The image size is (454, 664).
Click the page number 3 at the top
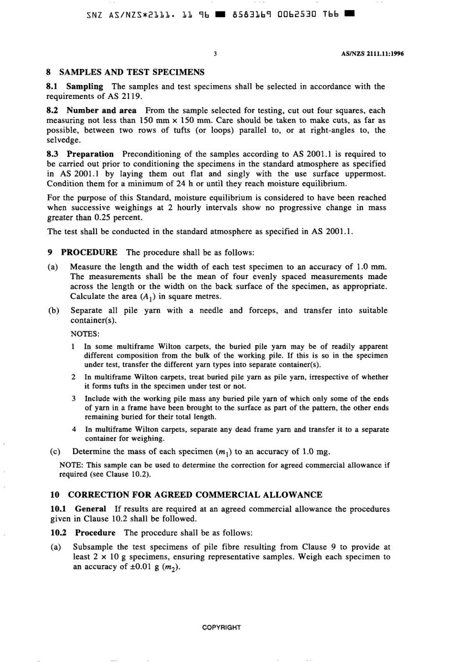pos(216,54)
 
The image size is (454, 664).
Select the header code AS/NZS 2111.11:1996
pos(372,54)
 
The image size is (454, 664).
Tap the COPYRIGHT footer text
pos(222,627)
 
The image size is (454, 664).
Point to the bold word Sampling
pos(85,87)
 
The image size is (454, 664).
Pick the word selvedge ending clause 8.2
pos(64,140)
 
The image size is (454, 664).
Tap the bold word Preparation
pos(90,154)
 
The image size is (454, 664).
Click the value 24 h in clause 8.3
pos(165,184)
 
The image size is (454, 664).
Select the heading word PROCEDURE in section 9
pos(89,252)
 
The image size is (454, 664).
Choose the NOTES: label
pos(85,334)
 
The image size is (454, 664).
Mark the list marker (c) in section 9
pos(55,452)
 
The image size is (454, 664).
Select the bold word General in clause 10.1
pos(90,509)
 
